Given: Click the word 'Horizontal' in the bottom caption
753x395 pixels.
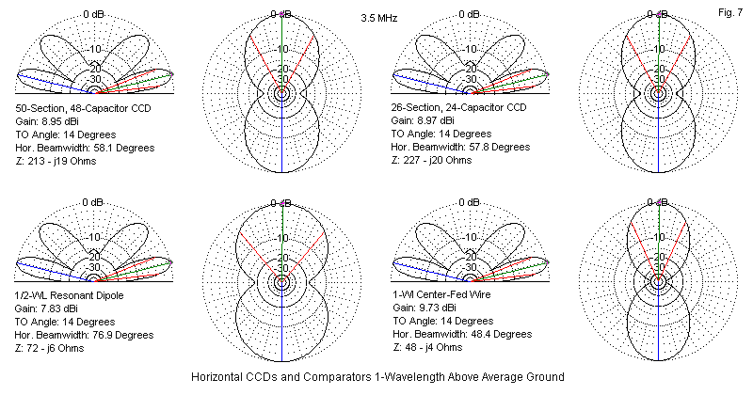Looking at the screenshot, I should (216, 376).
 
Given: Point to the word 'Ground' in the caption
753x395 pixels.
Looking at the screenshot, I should (544, 376).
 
